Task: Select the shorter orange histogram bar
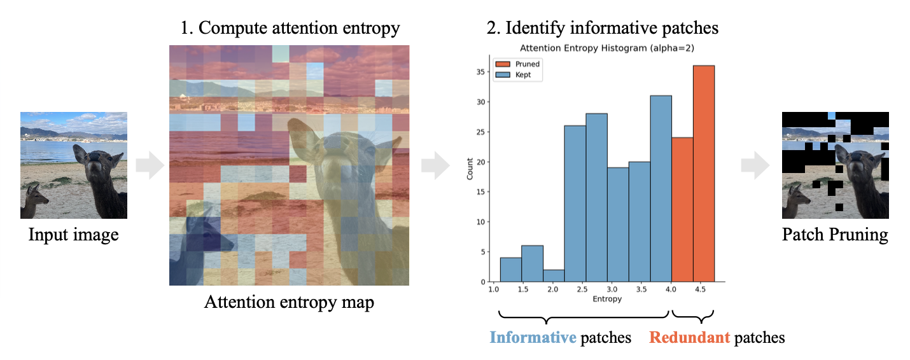682,209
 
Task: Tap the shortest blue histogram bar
554,275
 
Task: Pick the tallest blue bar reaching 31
661,188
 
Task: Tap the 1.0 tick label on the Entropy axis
494,289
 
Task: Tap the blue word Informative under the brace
532,337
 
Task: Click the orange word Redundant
689,337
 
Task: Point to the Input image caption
73,235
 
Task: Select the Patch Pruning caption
834,235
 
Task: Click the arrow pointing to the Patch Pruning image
755,167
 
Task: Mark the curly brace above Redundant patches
693,315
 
